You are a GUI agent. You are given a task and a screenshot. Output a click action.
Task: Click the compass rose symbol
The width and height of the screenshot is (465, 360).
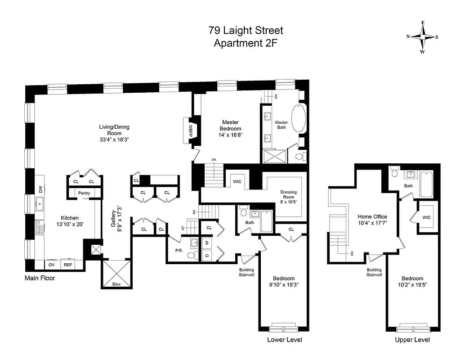tap(422, 37)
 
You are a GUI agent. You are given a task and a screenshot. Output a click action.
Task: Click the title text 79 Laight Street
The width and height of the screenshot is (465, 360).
tap(246, 31)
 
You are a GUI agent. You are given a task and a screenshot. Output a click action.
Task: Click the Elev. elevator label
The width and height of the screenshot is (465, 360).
tap(116, 284)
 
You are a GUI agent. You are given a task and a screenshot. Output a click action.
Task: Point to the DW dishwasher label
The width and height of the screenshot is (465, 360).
tap(40, 190)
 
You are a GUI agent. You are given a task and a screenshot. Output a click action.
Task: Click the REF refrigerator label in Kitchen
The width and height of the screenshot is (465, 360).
tap(68, 265)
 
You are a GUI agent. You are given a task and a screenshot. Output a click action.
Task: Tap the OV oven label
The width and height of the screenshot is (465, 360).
tap(52, 265)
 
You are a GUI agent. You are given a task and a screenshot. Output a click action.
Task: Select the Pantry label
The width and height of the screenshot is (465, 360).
tap(84, 193)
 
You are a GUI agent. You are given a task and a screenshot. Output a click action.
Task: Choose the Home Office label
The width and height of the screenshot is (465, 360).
tap(372, 216)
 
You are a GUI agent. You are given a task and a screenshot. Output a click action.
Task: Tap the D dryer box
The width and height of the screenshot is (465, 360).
tap(207, 255)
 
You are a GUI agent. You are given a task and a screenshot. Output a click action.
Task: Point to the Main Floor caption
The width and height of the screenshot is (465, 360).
tap(40, 278)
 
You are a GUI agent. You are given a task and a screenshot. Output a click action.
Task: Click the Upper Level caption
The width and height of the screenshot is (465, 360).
tap(412, 340)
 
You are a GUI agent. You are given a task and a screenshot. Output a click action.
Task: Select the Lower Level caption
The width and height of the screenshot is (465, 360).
tap(284, 340)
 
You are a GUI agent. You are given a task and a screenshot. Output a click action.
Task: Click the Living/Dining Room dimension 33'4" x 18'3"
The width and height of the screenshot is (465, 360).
tap(114, 140)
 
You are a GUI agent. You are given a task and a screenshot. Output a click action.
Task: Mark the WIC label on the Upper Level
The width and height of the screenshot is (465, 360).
tap(426, 217)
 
